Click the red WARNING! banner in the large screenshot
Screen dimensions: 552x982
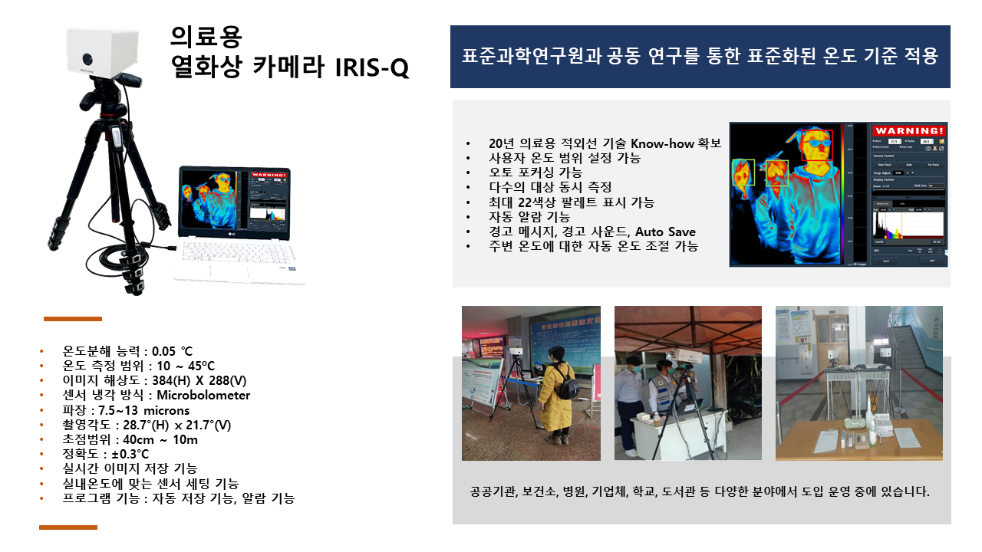pos(909,130)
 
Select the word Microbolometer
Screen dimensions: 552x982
pos(203,396)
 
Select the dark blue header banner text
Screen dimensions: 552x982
pos(700,57)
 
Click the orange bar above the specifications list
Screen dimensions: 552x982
pos(72,318)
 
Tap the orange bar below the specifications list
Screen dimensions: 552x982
pos(68,527)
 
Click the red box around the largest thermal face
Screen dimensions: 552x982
pos(817,144)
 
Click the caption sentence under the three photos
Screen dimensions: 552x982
pos(700,491)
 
